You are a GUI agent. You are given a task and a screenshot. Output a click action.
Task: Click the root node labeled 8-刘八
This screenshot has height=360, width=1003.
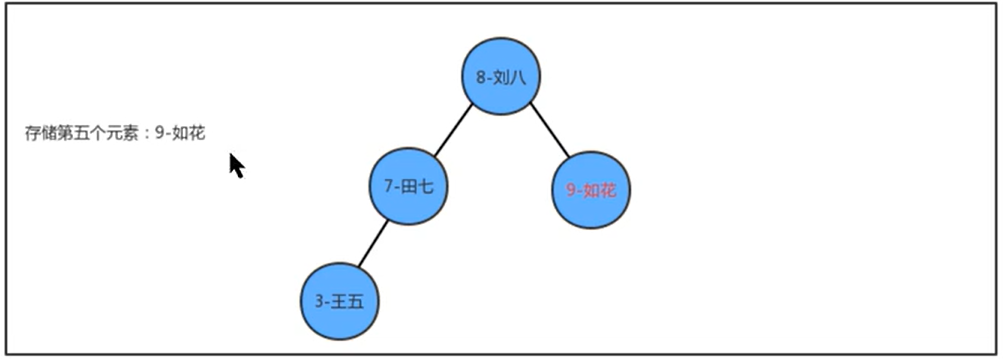(x=501, y=76)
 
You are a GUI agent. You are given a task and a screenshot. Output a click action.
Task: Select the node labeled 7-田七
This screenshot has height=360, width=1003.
(x=408, y=186)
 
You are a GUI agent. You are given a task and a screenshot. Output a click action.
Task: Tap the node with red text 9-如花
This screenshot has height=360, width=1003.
(x=591, y=189)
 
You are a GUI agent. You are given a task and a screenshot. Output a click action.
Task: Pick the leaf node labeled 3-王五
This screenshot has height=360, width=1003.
(x=340, y=301)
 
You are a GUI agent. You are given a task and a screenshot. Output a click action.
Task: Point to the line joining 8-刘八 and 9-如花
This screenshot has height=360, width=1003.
(x=549, y=131)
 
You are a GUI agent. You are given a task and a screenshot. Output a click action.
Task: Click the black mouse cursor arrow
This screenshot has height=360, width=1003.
(x=236, y=165)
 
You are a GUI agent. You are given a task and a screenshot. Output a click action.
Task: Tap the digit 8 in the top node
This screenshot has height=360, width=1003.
(x=482, y=77)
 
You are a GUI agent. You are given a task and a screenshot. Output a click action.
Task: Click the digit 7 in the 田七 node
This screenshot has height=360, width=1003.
(x=388, y=187)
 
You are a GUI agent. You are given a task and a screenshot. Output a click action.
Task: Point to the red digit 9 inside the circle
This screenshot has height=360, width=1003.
(x=570, y=190)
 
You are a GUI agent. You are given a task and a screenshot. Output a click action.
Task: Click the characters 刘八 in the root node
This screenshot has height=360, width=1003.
(x=510, y=77)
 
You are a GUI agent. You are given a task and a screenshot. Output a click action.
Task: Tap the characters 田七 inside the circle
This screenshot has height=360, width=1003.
(x=417, y=187)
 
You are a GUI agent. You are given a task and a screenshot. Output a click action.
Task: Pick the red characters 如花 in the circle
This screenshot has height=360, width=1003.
(x=600, y=190)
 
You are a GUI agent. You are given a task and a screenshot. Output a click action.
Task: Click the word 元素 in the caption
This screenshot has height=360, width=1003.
(x=125, y=133)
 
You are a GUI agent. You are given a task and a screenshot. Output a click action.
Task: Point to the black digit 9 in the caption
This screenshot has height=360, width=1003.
(x=160, y=133)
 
